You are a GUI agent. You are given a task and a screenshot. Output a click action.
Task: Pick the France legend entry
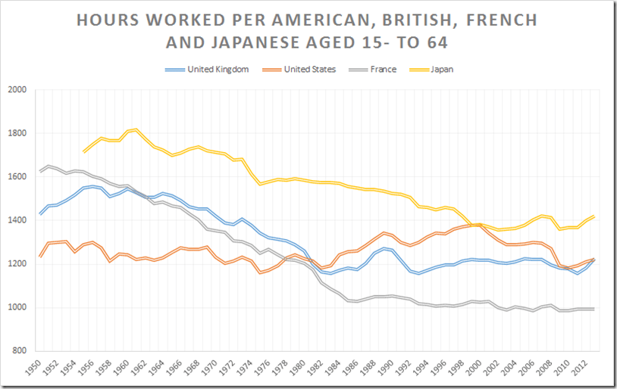point(384,70)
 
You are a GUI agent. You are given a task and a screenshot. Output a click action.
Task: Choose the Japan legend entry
point(440,70)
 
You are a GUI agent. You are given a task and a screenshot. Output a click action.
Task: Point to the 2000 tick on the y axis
point(17,90)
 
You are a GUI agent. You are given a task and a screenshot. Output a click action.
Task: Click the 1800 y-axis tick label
point(17,134)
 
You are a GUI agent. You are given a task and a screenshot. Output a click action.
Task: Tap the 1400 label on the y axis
point(17,221)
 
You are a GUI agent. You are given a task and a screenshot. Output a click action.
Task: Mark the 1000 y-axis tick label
point(17,308)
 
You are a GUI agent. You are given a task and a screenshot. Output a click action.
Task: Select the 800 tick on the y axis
point(20,351)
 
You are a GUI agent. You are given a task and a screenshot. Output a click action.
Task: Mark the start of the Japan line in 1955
point(84,152)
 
